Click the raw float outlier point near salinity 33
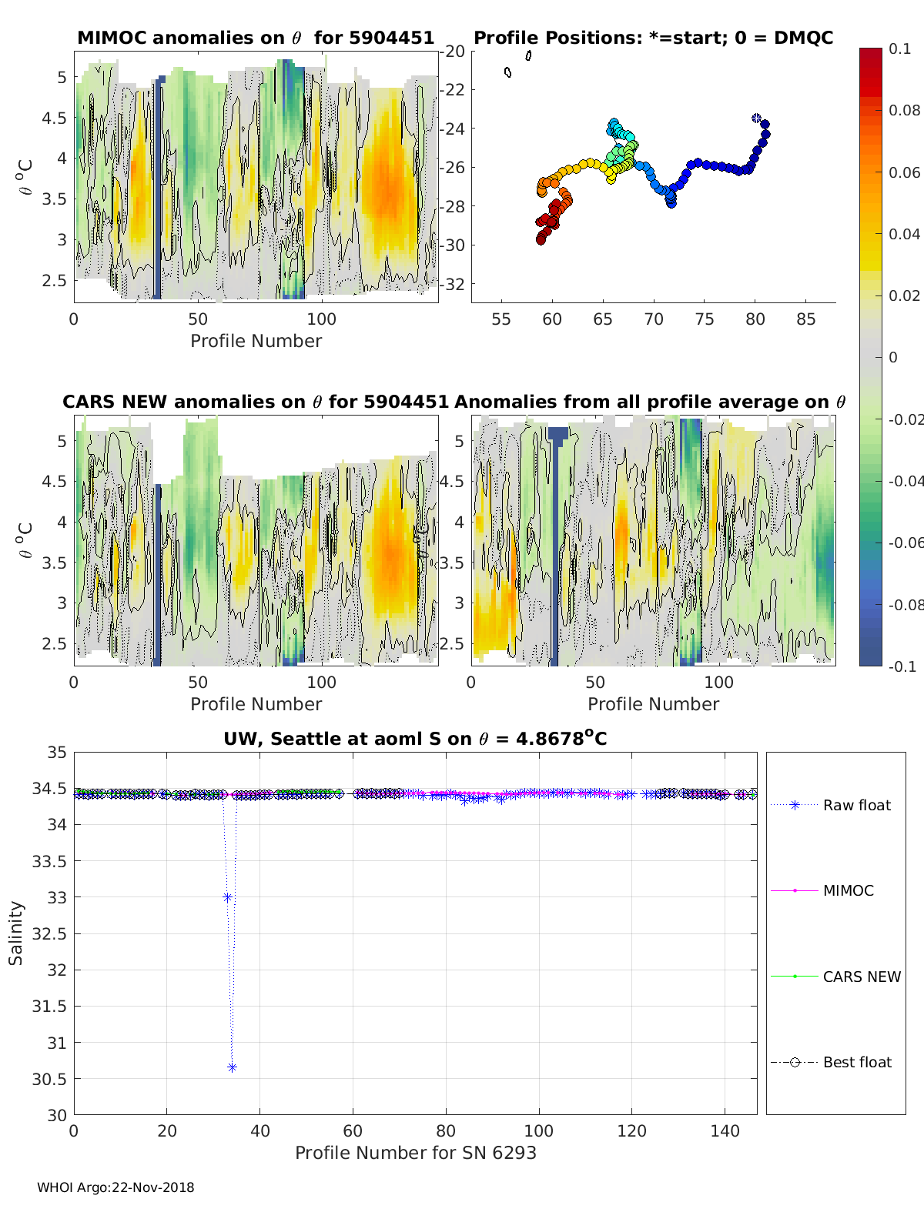[227, 897]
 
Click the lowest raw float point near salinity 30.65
[232, 1067]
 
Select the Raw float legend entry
[856, 805]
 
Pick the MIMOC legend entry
[848, 890]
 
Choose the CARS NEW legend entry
[861, 977]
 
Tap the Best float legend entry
[856, 1062]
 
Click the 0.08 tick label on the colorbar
[904, 110]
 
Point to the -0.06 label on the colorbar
[906, 543]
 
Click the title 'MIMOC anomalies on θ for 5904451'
[256, 38]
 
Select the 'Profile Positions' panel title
[653, 38]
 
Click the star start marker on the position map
[756, 118]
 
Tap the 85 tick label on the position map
[805, 319]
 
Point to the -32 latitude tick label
[454, 284]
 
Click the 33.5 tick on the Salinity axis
[49, 861]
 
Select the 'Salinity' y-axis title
[16, 933]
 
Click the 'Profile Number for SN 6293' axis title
[415, 1153]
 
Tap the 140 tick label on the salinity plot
[725, 1130]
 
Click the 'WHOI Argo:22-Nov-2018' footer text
[115, 1187]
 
